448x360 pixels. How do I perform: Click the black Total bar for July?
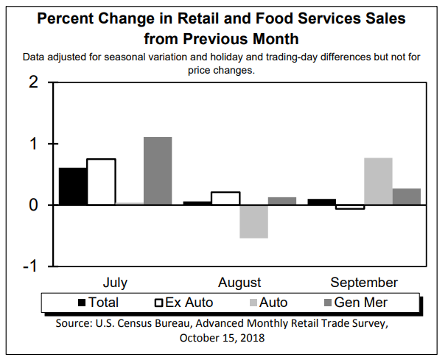[73, 186]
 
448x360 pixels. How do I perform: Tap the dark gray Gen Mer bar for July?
[158, 171]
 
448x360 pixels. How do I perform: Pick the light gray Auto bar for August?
[254, 222]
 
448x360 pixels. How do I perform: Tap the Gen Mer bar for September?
[406, 197]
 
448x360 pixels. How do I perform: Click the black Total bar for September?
[321, 202]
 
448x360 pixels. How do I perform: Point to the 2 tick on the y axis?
[33, 82]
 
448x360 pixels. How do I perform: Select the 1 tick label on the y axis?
[33, 144]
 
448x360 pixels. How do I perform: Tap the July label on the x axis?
[115, 283]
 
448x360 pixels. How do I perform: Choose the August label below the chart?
[239, 283]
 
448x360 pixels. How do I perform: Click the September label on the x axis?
[364, 283]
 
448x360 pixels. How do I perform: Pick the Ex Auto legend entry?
[184, 302]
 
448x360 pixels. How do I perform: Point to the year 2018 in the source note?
[251, 338]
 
